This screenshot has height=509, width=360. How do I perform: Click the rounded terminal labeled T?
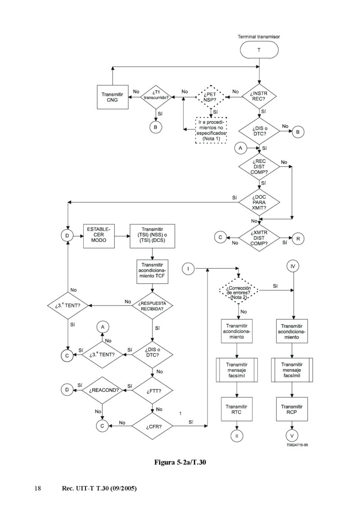coord(258,50)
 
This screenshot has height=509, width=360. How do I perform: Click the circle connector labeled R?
coord(298,238)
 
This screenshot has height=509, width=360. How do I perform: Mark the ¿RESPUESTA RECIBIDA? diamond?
coord(152,306)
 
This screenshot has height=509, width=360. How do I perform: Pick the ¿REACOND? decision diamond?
coord(103,390)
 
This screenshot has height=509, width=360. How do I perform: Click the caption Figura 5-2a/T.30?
coord(180,462)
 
